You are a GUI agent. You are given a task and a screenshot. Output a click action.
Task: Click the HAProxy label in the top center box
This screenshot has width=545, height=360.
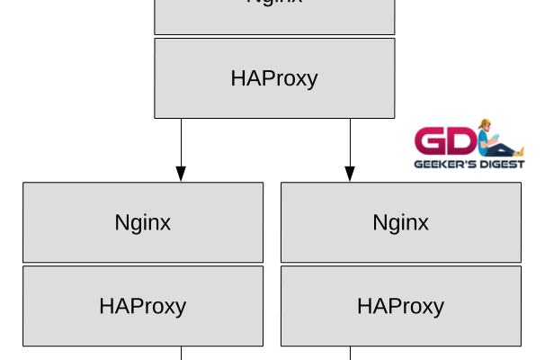point(274,78)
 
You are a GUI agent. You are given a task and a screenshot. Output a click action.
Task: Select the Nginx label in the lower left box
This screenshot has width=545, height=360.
point(143,222)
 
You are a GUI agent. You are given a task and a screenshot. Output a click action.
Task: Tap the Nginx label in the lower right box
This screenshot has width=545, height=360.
point(401,222)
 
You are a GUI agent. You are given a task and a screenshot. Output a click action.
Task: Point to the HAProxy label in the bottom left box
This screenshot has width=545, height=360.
point(143,306)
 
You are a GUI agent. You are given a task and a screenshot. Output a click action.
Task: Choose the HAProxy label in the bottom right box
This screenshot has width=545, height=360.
point(401,306)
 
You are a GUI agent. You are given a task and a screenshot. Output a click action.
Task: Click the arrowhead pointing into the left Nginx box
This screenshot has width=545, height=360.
point(181,174)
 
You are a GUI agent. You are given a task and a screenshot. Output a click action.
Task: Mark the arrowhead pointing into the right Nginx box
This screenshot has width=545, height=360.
point(350,174)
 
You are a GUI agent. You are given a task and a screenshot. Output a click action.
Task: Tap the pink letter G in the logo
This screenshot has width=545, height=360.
point(430,140)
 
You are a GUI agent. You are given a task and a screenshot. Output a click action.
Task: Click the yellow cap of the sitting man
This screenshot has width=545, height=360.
point(485,122)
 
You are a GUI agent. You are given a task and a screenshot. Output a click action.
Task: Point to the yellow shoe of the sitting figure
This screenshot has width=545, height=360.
point(522,152)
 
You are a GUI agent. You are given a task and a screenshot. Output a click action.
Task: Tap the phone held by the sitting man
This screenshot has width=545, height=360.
point(496,136)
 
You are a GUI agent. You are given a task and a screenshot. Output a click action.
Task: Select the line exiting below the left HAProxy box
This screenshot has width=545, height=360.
point(181,353)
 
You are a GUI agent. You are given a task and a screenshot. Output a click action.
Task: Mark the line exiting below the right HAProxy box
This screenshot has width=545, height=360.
point(350,353)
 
